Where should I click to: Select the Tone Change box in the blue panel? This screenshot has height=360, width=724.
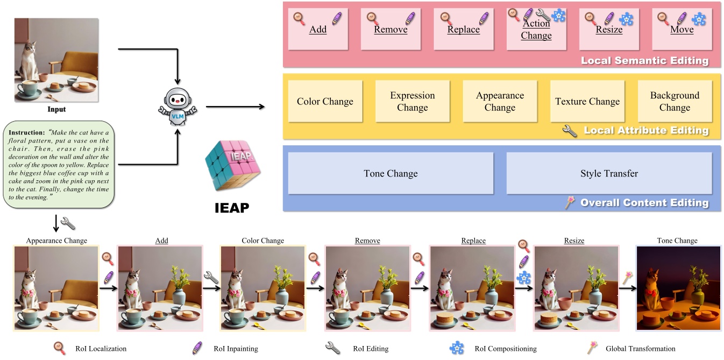click(x=391, y=173)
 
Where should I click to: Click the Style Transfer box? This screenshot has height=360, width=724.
click(x=609, y=173)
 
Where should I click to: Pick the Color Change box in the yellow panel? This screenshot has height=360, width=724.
click(x=325, y=101)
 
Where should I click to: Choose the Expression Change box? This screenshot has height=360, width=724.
click(x=412, y=101)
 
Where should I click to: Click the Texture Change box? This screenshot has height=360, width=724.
click(x=587, y=101)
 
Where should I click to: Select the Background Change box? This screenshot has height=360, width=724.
click(x=675, y=101)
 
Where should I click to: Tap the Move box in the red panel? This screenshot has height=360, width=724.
click(x=682, y=30)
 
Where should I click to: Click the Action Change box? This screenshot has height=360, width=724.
click(x=536, y=30)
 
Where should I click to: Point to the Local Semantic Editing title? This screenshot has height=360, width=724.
click(x=644, y=61)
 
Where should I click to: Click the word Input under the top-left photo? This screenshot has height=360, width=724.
click(x=56, y=109)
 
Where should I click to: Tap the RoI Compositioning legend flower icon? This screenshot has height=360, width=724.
click(x=457, y=348)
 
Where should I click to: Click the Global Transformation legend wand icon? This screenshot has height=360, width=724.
click(x=592, y=348)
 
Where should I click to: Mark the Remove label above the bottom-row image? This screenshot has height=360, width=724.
click(x=367, y=241)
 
